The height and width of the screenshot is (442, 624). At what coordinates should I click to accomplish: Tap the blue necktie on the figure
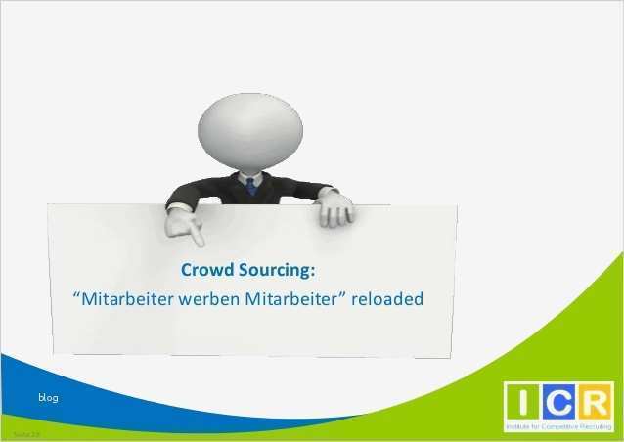click(x=250, y=185)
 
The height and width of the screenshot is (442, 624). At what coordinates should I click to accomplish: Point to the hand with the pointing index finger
click(x=183, y=224)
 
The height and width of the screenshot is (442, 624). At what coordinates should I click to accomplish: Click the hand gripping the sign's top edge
click(x=335, y=206)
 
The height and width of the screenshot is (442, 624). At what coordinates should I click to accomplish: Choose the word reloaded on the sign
click(x=388, y=298)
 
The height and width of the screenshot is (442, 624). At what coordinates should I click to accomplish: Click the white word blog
click(x=49, y=398)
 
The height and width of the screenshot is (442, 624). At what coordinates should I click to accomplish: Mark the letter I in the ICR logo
click(x=519, y=403)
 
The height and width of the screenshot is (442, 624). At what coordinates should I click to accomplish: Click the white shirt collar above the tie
click(x=249, y=175)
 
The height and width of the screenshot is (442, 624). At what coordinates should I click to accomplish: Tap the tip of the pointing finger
click(x=200, y=243)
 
